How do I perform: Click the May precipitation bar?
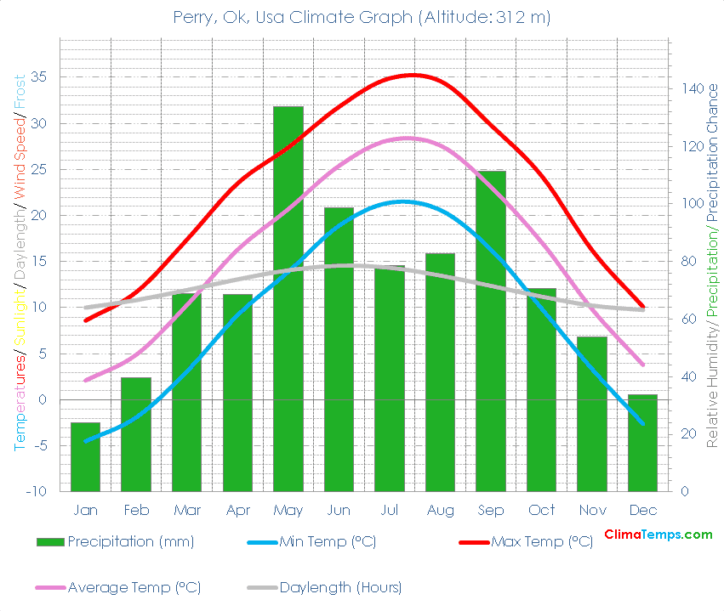[x=288, y=298]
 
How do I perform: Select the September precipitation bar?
[x=491, y=331]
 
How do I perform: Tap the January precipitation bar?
[x=85, y=456]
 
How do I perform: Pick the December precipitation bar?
[x=643, y=443]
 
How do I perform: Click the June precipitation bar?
[x=339, y=349]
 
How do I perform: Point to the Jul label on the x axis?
[x=390, y=510]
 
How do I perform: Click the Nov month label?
[x=592, y=510]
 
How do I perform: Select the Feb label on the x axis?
[x=136, y=510]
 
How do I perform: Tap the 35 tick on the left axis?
[x=38, y=77]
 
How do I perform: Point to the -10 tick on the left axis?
[x=36, y=491]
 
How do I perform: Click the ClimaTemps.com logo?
[x=658, y=535]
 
